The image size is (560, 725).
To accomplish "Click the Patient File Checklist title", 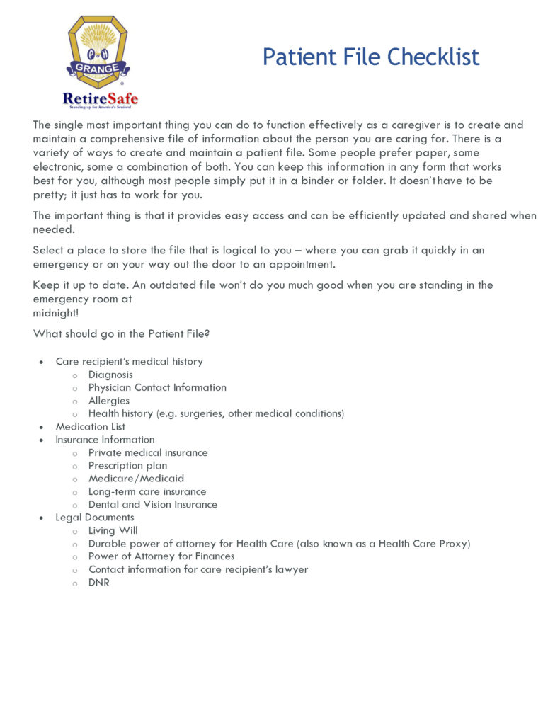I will tap(370, 57).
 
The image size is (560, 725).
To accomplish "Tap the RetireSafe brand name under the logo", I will tap(100, 98).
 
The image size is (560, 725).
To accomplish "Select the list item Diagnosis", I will tap(110, 375).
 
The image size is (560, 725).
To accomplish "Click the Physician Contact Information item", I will tap(157, 387).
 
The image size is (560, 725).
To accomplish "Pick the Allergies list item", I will tap(109, 401).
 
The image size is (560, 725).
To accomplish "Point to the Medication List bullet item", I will tap(91, 426).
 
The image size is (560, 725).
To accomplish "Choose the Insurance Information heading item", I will tap(105, 440).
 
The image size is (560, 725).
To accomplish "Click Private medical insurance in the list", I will tap(148, 452).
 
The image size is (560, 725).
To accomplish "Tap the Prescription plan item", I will tap(127, 466).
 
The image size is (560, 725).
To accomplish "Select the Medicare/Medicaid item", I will tap(136, 479).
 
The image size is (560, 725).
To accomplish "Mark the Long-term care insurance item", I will tap(147, 491).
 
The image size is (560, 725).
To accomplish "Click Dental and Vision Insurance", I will tap(152, 505).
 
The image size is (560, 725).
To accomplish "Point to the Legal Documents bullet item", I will tap(95, 518).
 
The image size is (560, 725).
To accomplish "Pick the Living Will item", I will tap(113, 530).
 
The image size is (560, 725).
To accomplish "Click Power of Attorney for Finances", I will tap(161, 556).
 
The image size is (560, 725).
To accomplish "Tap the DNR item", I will tap(99, 583).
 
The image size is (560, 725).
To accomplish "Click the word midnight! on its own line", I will tap(56, 312).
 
